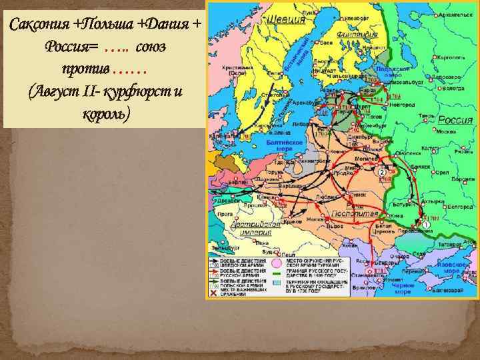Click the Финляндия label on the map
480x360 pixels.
click(x=358, y=34)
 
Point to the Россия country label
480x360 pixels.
click(x=455, y=119)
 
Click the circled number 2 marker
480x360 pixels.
click(x=381, y=173)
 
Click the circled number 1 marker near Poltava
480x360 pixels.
click(x=425, y=227)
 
